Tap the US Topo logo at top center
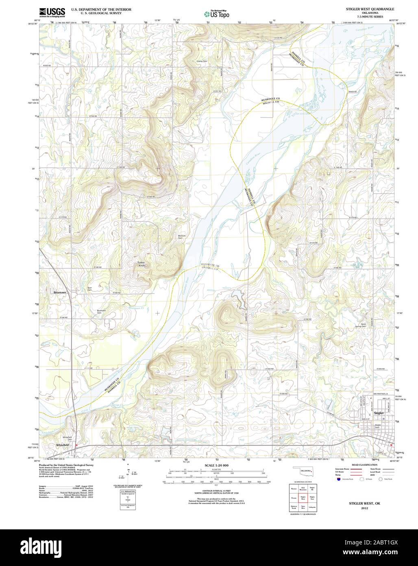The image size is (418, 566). (x=216, y=14)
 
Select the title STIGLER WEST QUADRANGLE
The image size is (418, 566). (x=370, y=9)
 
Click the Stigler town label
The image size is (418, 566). (x=379, y=413)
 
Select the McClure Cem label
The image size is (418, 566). (x=182, y=237)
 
